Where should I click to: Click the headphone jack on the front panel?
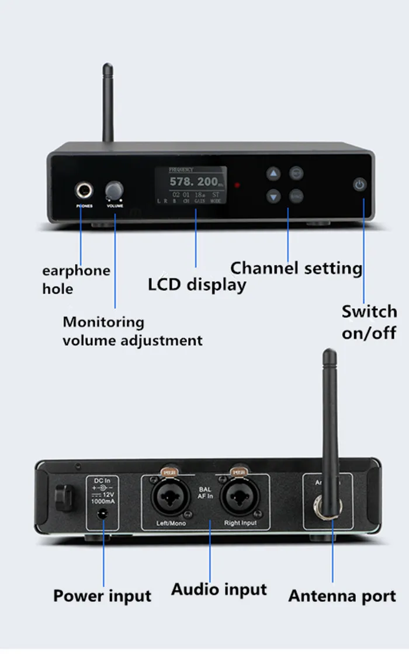click(84, 190)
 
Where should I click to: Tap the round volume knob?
click(115, 191)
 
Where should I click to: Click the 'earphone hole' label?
click(75, 279)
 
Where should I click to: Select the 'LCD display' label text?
click(197, 285)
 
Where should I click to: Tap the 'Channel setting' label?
click(296, 268)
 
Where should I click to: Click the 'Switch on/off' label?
click(369, 322)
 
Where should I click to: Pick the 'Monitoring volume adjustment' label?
click(132, 331)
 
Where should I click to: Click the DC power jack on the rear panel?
click(104, 514)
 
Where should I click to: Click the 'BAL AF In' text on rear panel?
click(204, 494)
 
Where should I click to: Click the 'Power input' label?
click(102, 596)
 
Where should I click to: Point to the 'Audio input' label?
click(219, 590)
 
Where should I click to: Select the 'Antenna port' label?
click(342, 596)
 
